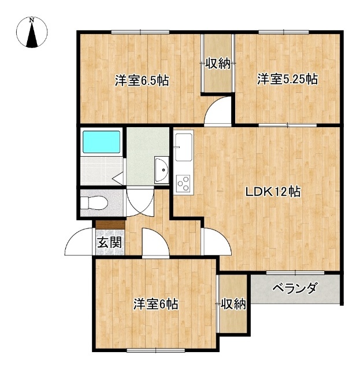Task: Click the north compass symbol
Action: (x=32, y=32)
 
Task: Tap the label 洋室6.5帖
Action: (x=142, y=80)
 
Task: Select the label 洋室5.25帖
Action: (x=287, y=79)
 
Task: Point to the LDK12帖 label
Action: (x=273, y=191)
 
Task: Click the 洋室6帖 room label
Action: (x=155, y=304)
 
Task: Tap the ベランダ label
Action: (x=295, y=288)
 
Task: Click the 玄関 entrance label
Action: (x=110, y=242)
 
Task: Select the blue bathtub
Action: (x=101, y=142)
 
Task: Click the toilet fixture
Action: (x=94, y=203)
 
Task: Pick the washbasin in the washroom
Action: (x=162, y=169)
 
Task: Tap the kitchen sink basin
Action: (x=183, y=147)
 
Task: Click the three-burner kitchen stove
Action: (x=184, y=183)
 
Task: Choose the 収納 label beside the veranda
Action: (x=233, y=304)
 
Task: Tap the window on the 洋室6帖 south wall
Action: (x=155, y=350)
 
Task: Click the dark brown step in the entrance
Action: (x=110, y=224)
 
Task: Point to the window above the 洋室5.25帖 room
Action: (x=284, y=32)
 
